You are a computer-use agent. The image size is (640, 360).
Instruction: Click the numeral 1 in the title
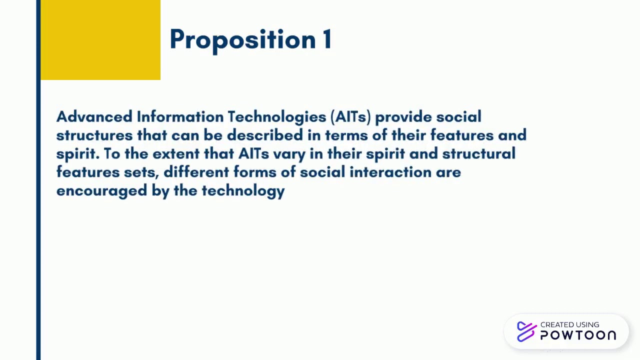[326, 39]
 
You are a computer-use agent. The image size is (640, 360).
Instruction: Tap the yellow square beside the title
[100, 40]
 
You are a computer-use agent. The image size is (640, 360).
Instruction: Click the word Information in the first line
[180, 117]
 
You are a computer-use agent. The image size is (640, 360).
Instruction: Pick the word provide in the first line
[403, 117]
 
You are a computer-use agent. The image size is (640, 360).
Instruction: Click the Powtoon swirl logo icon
[526, 331]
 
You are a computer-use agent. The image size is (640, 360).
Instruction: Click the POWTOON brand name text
[578, 335]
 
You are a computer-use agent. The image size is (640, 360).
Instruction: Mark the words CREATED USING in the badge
[569, 324]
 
